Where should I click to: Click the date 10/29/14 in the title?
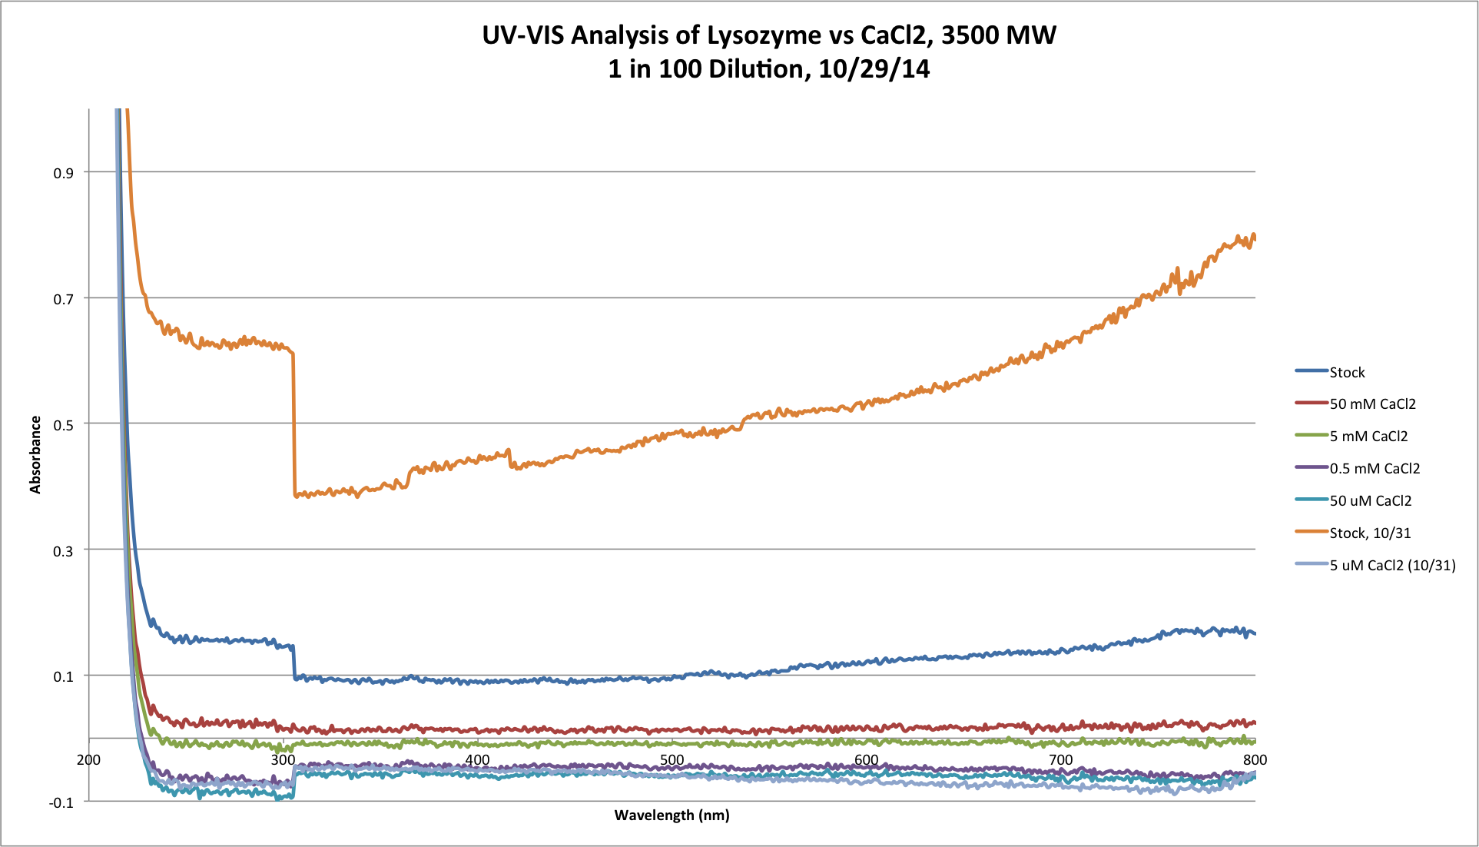click(x=874, y=70)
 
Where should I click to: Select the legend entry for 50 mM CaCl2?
click(x=1372, y=404)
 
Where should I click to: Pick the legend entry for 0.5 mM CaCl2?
click(x=1375, y=469)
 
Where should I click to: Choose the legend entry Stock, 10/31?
click(x=1370, y=533)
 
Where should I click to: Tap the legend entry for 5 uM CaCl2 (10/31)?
click(x=1392, y=566)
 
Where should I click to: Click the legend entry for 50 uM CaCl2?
click(x=1371, y=501)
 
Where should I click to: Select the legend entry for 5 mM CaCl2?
click(x=1368, y=437)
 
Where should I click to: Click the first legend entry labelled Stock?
click(x=1347, y=373)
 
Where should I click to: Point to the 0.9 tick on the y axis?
click(x=63, y=173)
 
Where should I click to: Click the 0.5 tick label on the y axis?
click(x=63, y=424)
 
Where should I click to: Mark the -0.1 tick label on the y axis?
click(x=61, y=802)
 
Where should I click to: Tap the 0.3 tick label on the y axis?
click(x=63, y=550)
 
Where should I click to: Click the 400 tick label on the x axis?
click(x=477, y=760)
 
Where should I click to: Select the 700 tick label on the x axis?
click(x=1060, y=760)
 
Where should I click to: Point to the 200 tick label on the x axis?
click(x=89, y=760)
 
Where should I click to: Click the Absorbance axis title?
click(x=35, y=454)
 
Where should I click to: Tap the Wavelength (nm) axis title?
click(x=672, y=815)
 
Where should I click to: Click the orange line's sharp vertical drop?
click(x=293, y=423)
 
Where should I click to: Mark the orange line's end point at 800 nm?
click(x=1255, y=238)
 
